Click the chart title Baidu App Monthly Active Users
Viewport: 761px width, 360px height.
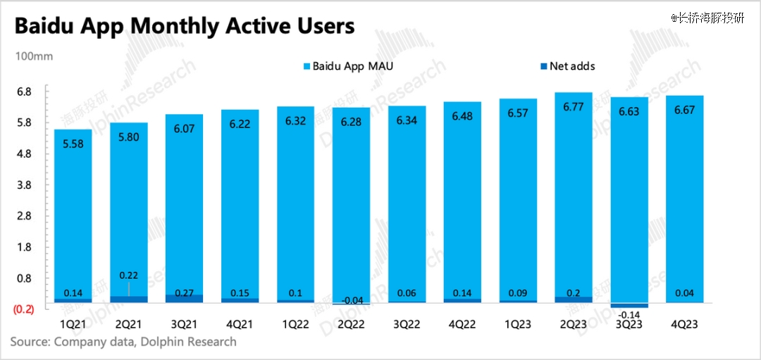pos(184,27)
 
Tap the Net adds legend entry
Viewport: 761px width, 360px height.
pos(571,66)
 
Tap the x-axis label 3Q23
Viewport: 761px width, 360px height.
pos(629,325)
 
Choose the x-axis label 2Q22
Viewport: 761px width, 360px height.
pos(350,325)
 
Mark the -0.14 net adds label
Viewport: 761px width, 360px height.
pos(629,314)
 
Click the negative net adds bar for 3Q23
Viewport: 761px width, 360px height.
pos(629,305)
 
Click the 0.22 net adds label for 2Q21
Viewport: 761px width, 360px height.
pos(128,275)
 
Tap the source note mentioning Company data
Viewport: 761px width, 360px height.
pos(123,342)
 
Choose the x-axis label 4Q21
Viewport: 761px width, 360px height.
pos(239,325)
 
